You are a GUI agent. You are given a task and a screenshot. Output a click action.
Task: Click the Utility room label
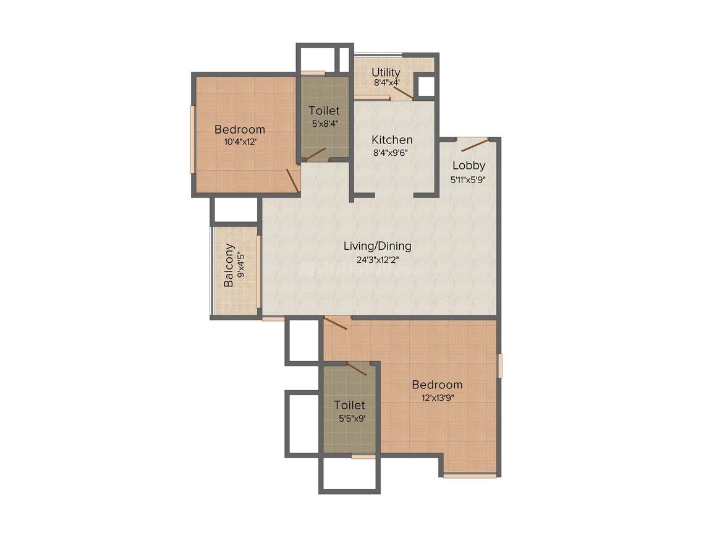click(x=386, y=72)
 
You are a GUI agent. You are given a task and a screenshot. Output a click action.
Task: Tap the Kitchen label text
click(x=392, y=140)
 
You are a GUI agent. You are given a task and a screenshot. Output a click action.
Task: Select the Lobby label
click(x=469, y=165)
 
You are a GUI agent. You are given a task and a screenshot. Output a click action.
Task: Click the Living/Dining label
click(x=377, y=246)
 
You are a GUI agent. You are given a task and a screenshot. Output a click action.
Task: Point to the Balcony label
click(x=229, y=265)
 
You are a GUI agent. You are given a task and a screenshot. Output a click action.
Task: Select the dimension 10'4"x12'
click(x=240, y=142)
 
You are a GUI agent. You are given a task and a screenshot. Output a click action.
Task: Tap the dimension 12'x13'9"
click(x=437, y=398)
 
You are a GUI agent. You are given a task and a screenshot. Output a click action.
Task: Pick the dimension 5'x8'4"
click(x=324, y=123)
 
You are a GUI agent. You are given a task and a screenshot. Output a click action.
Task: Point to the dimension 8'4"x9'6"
click(x=392, y=152)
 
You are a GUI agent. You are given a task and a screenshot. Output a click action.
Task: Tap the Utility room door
click(x=402, y=92)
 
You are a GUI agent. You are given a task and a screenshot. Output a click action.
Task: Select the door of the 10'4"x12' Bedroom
click(x=292, y=180)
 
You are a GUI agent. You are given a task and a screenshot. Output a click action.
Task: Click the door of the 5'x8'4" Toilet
click(x=315, y=153)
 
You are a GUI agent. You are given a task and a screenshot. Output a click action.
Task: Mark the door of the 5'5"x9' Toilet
click(x=357, y=369)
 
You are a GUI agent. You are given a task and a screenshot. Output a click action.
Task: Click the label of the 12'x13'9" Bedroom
click(x=437, y=385)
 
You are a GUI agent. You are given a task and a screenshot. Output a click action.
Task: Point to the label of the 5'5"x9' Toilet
click(x=349, y=406)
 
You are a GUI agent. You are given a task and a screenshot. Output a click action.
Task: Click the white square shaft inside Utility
click(x=425, y=86)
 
